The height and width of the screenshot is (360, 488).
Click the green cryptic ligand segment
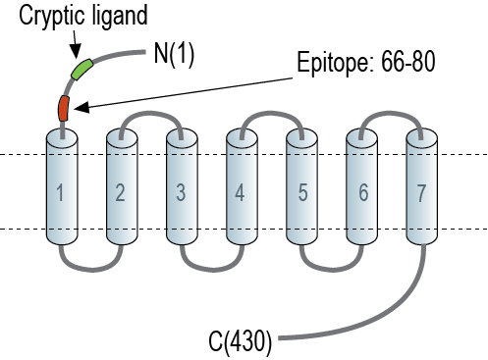pos(82,69)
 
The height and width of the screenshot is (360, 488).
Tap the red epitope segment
pos(64,109)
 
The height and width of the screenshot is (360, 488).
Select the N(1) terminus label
pos(174,54)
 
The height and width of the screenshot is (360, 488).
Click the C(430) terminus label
pos(241,341)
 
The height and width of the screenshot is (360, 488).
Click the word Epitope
pos(335,63)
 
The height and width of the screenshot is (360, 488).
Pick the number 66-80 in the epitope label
pos(408,62)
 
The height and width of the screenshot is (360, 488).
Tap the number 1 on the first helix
pos(60,192)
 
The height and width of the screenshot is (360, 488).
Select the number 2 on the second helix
pos(121,192)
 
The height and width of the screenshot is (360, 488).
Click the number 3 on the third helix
pos(181,192)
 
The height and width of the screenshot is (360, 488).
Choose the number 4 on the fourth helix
pos(240,192)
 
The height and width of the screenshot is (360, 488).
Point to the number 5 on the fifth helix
pos(302,192)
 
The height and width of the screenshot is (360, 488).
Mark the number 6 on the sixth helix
pos(363,192)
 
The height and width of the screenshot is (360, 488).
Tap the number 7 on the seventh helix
pos(421,193)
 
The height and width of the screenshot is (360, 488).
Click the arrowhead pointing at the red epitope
pos(81,108)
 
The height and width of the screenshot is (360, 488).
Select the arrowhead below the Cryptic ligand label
pos(76,52)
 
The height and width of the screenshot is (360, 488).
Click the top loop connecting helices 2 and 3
pos(151,113)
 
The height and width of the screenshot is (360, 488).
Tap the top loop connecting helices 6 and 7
pos(391,113)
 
